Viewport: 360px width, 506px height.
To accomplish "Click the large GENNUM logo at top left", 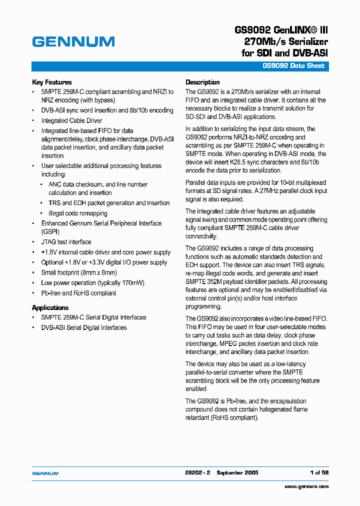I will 73,42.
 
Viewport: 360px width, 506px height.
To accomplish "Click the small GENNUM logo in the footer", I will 45,473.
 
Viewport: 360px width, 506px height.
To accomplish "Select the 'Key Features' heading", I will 52,82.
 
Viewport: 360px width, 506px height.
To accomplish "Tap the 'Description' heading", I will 202,82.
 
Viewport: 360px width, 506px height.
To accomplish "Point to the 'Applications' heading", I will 50,307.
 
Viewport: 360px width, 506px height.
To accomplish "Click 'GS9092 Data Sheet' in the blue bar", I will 293,66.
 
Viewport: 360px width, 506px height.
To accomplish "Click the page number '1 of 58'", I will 319,472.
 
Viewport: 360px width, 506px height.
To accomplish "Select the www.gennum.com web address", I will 306,486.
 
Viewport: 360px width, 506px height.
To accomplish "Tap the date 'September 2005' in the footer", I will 237,472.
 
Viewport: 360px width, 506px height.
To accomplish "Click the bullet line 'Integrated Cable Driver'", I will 71,120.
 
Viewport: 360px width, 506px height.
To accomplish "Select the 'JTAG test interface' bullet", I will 66,242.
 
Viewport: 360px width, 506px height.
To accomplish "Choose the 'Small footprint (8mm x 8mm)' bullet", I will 79,272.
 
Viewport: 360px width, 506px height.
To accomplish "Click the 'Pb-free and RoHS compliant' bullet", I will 78,293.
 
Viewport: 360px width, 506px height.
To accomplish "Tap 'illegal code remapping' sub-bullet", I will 77,213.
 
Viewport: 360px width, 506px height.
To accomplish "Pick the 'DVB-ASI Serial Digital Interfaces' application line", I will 84,327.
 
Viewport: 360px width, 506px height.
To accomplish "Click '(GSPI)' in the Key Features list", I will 50,232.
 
